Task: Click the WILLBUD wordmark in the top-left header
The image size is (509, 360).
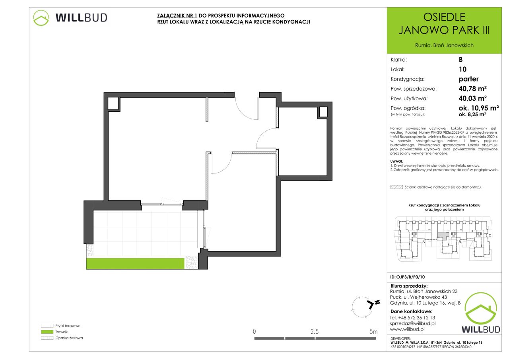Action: click(x=81, y=18)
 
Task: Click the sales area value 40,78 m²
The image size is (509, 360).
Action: click(x=473, y=89)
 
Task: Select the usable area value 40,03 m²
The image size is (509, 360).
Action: click(x=473, y=98)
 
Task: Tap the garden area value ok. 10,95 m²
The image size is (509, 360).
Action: click(x=479, y=108)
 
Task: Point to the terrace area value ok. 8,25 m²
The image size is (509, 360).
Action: click(x=472, y=115)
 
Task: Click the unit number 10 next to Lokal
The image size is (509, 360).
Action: click(x=462, y=69)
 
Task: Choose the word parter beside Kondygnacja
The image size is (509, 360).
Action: click(x=468, y=79)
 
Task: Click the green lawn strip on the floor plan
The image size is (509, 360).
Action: click(x=135, y=263)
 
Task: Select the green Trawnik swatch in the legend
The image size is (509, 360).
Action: click(x=47, y=332)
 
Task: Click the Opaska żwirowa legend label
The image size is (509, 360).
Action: click(x=69, y=338)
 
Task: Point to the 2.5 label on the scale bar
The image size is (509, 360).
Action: click(x=315, y=332)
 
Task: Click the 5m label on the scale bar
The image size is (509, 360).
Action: click(x=373, y=332)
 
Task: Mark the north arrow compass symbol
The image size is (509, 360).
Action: click(x=366, y=307)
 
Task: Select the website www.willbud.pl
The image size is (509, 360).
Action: click(x=407, y=329)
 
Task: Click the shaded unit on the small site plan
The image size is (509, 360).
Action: click(x=443, y=235)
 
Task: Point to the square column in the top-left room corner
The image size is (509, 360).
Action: click(x=113, y=104)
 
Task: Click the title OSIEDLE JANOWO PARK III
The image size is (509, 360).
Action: click(x=444, y=23)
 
